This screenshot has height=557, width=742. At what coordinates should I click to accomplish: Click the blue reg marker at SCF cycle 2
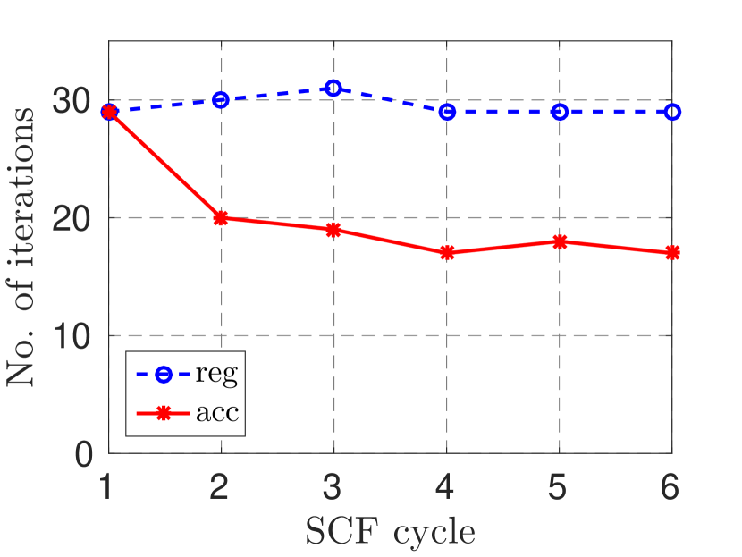(221, 99)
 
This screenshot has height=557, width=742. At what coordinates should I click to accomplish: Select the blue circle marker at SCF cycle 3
(333, 88)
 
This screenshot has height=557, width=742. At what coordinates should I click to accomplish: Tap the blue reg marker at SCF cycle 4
(447, 112)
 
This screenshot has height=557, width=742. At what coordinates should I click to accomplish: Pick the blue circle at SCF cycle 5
(560, 112)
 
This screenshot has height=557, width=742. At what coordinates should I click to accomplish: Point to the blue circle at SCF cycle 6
(672, 112)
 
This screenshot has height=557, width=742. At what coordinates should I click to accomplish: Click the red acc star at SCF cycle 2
(221, 217)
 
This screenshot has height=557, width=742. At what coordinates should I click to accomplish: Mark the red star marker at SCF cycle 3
(333, 230)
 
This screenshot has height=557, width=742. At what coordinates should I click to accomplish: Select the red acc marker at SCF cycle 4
(447, 253)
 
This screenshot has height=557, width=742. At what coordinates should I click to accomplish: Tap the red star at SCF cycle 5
(560, 241)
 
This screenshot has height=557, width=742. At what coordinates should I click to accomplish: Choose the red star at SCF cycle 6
(672, 253)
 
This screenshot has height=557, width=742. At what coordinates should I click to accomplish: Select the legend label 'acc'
(216, 413)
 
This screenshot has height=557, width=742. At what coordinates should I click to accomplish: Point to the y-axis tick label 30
(72, 101)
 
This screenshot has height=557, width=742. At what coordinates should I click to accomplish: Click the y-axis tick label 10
(72, 336)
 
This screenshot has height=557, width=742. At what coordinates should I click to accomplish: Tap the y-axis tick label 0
(83, 453)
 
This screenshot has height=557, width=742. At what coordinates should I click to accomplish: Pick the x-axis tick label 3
(333, 488)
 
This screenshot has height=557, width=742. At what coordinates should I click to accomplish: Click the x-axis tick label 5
(560, 488)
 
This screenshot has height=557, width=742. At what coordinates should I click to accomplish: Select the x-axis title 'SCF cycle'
(390, 531)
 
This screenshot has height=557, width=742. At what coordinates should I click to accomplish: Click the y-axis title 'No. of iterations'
(24, 246)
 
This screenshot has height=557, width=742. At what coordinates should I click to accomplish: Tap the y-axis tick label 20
(72, 219)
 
